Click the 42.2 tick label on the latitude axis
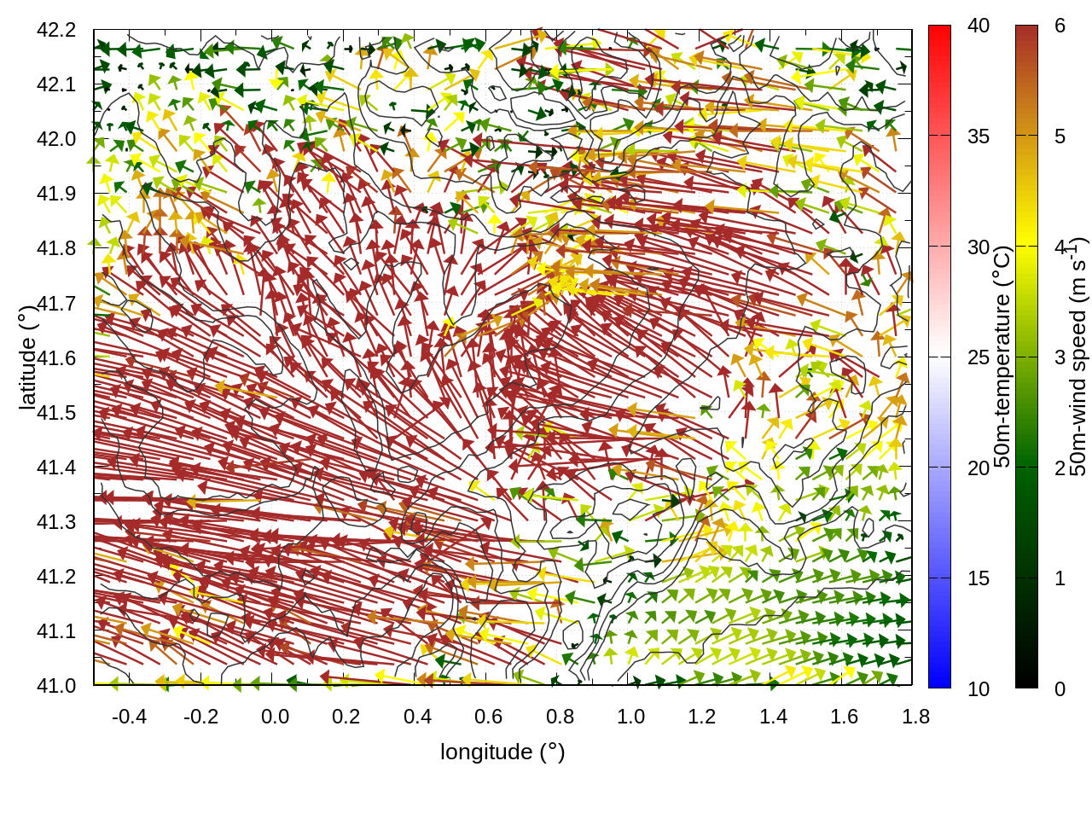pyautogui.click(x=56, y=30)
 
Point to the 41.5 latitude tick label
pyautogui.click(x=56, y=413)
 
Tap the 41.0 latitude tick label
pyautogui.click(x=56, y=686)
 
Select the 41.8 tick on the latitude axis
pyautogui.click(x=56, y=248)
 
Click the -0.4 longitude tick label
pyautogui.click(x=129, y=717)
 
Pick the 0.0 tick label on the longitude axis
pyautogui.click(x=275, y=717)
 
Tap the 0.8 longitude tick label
pyautogui.click(x=560, y=717)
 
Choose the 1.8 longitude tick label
pyautogui.click(x=915, y=717)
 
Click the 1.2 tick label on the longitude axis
pyautogui.click(x=702, y=717)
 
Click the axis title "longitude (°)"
pyautogui.click(x=502, y=752)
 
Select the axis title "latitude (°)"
pyautogui.click(x=27, y=358)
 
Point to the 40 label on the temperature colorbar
pyautogui.click(x=979, y=26)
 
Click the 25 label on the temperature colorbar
pyautogui.click(x=979, y=357)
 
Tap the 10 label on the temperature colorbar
pyautogui.click(x=979, y=688)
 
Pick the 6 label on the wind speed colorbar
pyautogui.click(x=1060, y=26)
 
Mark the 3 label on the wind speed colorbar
pyautogui.click(x=1060, y=357)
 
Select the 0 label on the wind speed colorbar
pyautogui.click(x=1060, y=688)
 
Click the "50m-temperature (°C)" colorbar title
pyautogui.click(x=1002, y=357)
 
